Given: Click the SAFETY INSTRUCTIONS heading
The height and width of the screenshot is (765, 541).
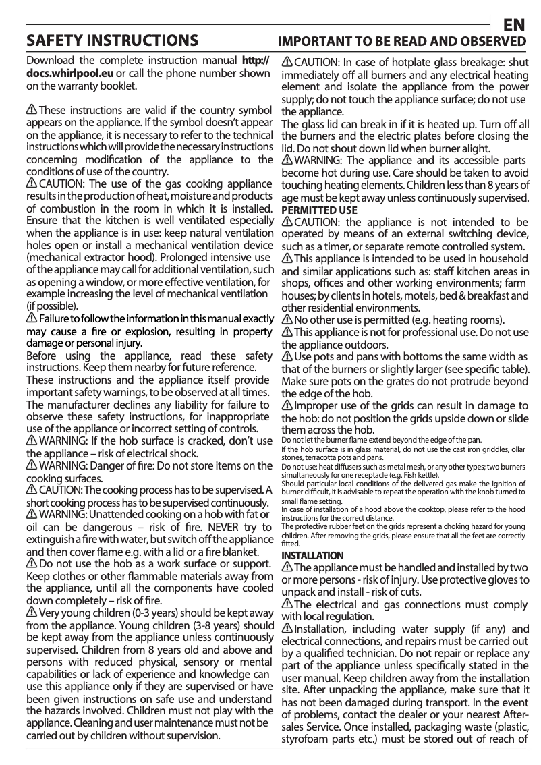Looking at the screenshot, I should pyautogui.click(x=111, y=41).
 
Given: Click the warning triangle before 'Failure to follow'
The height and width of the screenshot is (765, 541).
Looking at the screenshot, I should pyautogui.click(x=31, y=318).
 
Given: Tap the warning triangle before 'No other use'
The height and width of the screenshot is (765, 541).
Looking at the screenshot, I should pyautogui.click(x=287, y=320).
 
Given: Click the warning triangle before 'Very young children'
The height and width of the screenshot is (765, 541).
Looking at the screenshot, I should pyautogui.click(x=31, y=613).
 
